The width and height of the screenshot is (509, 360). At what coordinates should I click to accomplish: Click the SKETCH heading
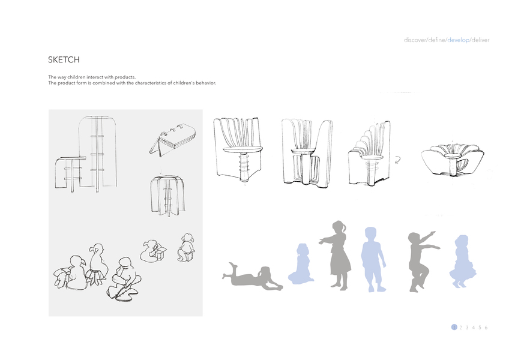pos(64,60)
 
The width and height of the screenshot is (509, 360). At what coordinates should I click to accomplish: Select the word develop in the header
pos(458,40)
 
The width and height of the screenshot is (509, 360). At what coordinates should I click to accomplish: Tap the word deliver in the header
pos(480,40)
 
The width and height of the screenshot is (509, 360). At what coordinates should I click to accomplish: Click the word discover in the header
pos(415,40)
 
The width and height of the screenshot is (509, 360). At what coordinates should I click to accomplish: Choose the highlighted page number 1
pos(454,327)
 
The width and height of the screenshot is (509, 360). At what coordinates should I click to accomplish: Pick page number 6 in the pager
pos(486,328)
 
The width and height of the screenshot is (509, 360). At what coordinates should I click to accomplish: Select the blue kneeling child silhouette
pos(301,264)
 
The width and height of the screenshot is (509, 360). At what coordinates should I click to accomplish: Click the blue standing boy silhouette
pos(373,259)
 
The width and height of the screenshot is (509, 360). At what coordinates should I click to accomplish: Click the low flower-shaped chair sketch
pos(453,160)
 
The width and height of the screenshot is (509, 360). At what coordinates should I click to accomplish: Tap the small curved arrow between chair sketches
pos(397,160)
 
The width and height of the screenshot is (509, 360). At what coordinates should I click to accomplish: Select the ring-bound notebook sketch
pos(173,140)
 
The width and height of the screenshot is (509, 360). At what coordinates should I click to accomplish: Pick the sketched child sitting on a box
pos(186,247)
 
